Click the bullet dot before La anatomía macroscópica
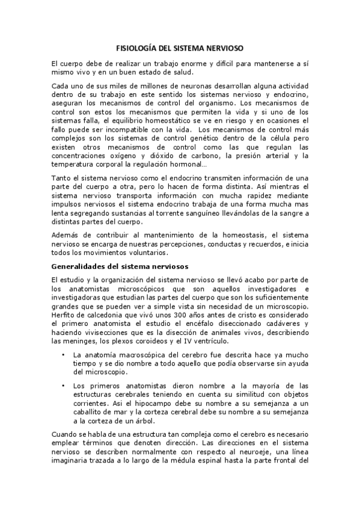(64, 355)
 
